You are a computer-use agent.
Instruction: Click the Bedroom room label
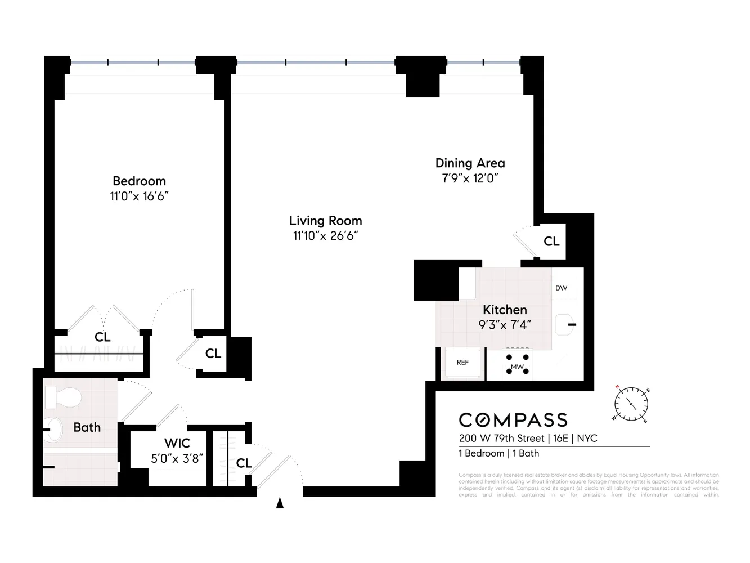coord(139,181)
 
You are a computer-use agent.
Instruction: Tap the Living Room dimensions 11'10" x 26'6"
coord(325,236)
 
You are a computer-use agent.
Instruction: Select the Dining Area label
coord(470,163)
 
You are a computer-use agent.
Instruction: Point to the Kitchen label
coord(505,310)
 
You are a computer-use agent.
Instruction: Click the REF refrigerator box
coord(462,363)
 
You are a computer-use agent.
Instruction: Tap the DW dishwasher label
coord(561,288)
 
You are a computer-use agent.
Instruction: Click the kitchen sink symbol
coord(566,325)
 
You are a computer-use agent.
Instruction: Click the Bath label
coord(87,427)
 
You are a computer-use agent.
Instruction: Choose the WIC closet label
coord(177,443)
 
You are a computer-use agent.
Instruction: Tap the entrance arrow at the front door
coord(280,503)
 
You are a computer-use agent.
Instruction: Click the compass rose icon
coord(631,404)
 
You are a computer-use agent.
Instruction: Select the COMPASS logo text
coord(513,420)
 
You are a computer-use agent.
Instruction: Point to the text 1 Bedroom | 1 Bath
coord(498,453)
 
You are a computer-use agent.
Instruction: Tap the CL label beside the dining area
coord(551,242)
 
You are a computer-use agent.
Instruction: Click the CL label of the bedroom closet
coord(102,337)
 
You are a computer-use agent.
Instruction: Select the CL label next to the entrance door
coord(244,463)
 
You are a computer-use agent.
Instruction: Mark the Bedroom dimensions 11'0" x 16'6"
coord(139,196)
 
